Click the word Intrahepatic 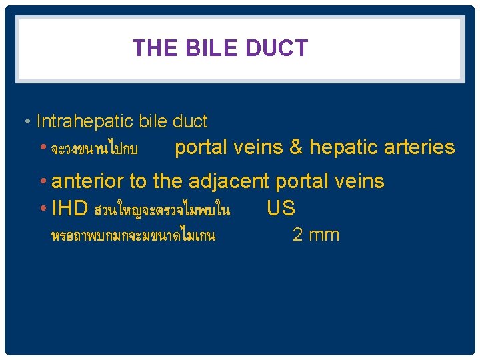pyautogui.click(x=86, y=121)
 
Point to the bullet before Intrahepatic pyautogui.click(x=27, y=122)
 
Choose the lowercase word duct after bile pyautogui.click(x=190, y=121)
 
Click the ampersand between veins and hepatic pyautogui.click(x=295, y=147)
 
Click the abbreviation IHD pyautogui.click(x=70, y=209)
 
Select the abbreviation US pyautogui.click(x=281, y=209)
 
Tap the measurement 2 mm pyautogui.click(x=316, y=235)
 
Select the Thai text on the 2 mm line pyautogui.click(x=133, y=235)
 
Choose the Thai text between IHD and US pyautogui.click(x=162, y=211)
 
